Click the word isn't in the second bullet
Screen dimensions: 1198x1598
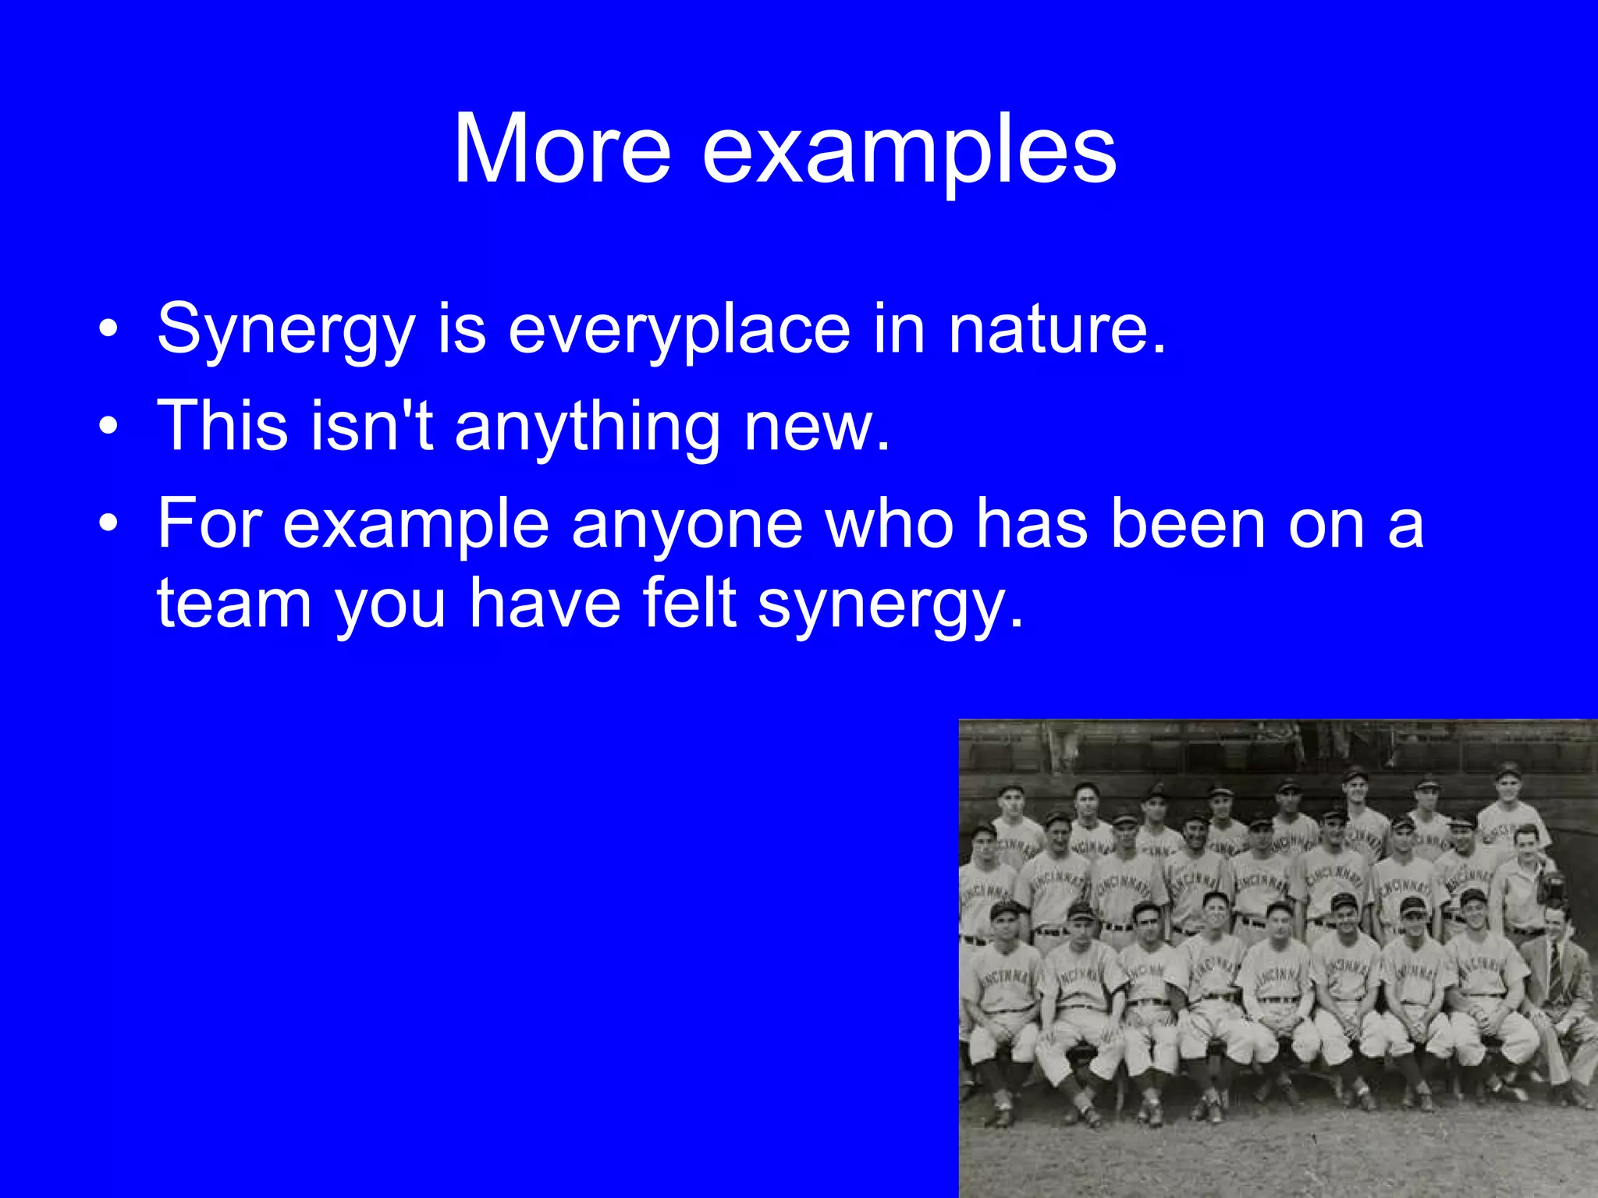[371, 425]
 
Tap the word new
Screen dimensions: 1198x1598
[816, 426]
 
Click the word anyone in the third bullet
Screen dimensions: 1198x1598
[687, 524]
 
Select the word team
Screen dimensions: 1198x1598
[234, 603]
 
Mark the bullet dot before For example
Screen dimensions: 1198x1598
[108, 524]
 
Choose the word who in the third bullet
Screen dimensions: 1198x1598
[890, 523]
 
